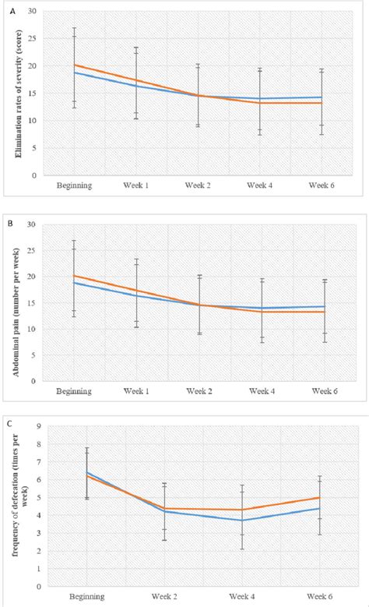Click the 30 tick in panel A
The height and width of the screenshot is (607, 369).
[x=32, y=12]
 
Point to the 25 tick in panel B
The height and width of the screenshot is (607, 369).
[x=32, y=250]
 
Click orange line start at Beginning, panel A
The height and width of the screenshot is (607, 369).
[x=75, y=65]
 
